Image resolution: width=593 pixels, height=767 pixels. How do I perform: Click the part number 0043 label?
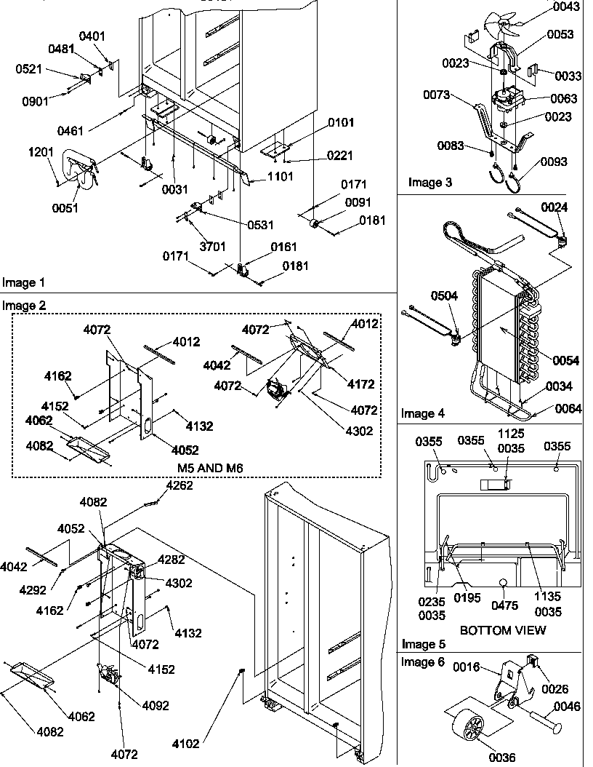[x=566, y=7]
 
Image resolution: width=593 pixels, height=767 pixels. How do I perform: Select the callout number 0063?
[x=564, y=98]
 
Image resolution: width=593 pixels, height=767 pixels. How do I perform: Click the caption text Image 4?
[x=423, y=414]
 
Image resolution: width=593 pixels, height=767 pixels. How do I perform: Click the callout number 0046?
[x=568, y=706]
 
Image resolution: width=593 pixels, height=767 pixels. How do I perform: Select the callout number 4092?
[x=155, y=705]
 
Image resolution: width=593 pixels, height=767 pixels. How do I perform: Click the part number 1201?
[x=41, y=153]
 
